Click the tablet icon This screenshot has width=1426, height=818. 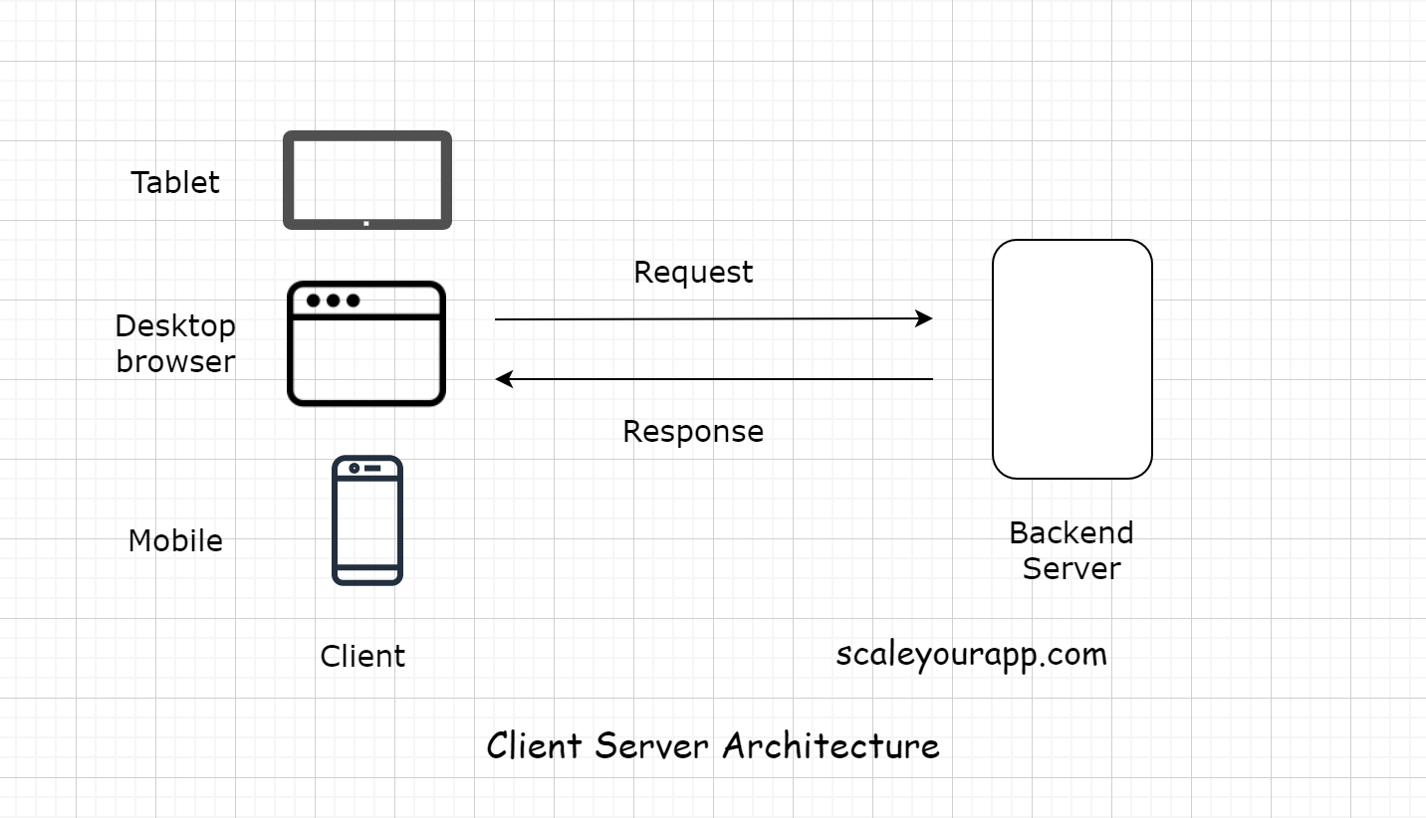tap(366, 180)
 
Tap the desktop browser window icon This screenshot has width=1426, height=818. tap(366, 343)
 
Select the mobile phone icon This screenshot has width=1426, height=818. tap(366, 520)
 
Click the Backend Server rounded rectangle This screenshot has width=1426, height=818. tap(1071, 358)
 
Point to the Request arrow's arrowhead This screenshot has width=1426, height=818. tap(926, 318)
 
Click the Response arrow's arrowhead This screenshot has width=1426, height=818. tap(503, 379)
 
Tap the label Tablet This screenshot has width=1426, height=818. tap(175, 182)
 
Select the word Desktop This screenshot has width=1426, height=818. tap(175, 325)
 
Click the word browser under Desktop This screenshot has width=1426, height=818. tap(175, 361)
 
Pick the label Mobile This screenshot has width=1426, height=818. tap(175, 540)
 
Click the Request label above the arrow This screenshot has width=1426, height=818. tap(693, 273)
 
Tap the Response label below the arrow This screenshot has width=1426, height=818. tap(693, 431)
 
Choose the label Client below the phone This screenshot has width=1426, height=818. tap(362, 656)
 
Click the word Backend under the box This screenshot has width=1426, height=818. tap(1070, 532)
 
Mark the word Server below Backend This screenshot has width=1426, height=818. tap(1071, 568)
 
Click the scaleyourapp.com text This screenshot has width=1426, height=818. tap(971, 654)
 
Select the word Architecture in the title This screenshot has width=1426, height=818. tap(831, 744)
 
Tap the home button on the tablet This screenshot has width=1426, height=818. tap(366, 223)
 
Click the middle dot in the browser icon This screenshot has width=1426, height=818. tap(333, 301)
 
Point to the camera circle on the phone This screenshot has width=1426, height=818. tap(354, 468)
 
